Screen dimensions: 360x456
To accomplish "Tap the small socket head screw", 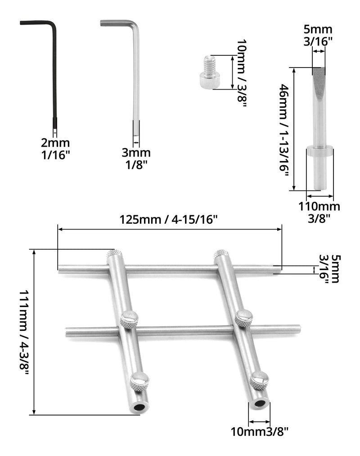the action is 208,73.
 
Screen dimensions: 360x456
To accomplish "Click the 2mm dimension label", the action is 55,143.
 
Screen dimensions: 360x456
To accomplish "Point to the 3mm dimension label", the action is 136,153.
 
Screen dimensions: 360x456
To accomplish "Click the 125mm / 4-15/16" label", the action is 169,220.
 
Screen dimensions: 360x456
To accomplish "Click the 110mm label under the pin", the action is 319,207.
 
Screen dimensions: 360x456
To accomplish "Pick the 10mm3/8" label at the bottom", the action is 260,432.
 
